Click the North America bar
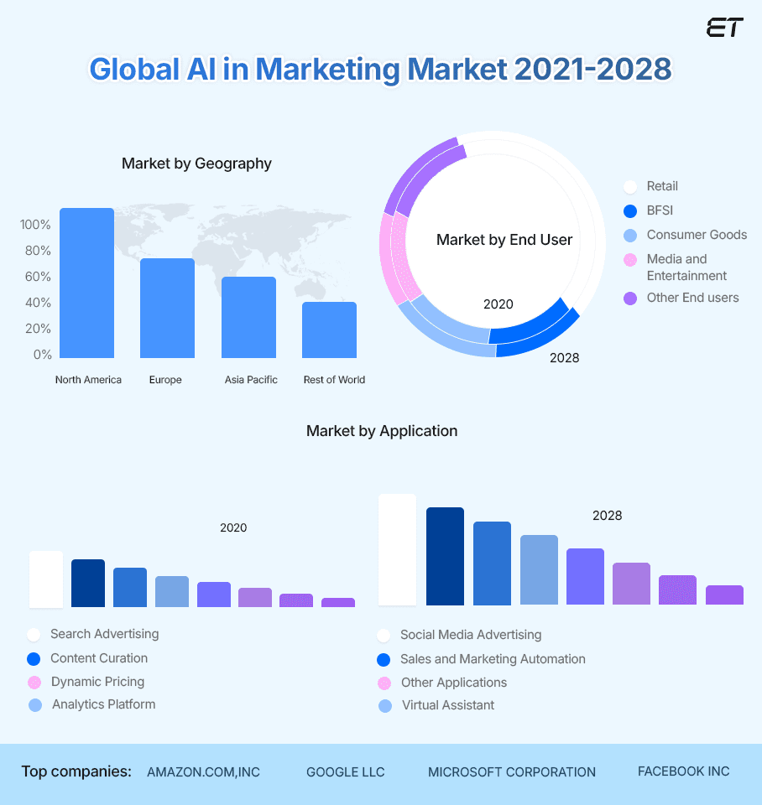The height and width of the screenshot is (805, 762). tap(86, 283)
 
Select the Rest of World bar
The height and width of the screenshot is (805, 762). tap(329, 330)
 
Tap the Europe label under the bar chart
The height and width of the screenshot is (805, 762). tap(165, 380)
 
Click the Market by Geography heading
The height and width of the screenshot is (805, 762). tap(196, 164)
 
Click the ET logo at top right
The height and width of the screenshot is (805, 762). tap(724, 27)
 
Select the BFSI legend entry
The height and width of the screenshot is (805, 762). tap(660, 210)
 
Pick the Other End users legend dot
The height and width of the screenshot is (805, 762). tap(630, 299)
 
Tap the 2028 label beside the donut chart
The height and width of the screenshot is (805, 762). tap(564, 358)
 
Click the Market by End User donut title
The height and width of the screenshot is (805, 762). tap(504, 240)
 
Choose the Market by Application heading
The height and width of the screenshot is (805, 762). tap(382, 431)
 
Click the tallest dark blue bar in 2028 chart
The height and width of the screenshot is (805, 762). tap(445, 556)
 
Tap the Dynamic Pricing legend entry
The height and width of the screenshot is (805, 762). tap(97, 682)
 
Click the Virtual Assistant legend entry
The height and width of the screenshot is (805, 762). tap(447, 705)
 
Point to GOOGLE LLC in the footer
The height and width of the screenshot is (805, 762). tap(345, 772)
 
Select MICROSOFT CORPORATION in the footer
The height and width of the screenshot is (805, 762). tap(512, 772)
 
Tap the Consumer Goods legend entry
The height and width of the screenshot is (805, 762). tap(697, 235)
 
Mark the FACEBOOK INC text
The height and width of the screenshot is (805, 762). tap(683, 771)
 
